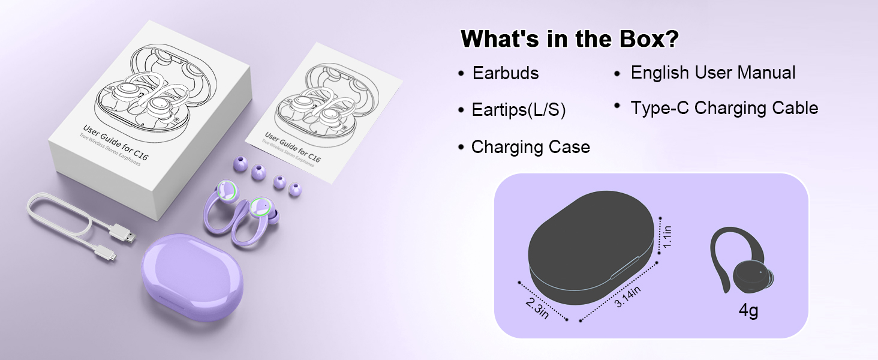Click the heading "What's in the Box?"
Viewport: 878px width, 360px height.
(x=569, y=39)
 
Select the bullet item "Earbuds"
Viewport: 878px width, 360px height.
(x=505, y=73)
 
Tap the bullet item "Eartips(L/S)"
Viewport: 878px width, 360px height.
(x=518, y=110)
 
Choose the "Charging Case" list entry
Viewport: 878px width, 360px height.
(x=530, y=147)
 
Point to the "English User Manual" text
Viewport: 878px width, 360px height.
(x=712, y=73)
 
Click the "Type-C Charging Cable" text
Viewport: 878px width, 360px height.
(x=724, y=108)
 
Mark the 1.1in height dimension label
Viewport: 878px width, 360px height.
(x=667, y=236)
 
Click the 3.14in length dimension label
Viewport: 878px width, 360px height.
(x=628, y=297)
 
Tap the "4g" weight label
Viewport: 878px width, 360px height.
(x=748, y=311)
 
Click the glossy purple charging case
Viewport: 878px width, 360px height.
(x=192, y=276)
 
